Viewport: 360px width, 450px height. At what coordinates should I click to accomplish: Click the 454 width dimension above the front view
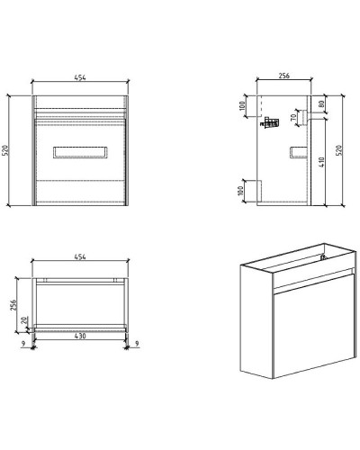[x=80, y=77]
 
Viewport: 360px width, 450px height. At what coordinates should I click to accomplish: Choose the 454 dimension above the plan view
[x=80, y=257]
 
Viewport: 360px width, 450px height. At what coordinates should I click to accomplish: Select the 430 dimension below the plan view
[x=80, y=337]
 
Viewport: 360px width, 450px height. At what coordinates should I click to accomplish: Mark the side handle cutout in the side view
[x=297, y=150]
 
